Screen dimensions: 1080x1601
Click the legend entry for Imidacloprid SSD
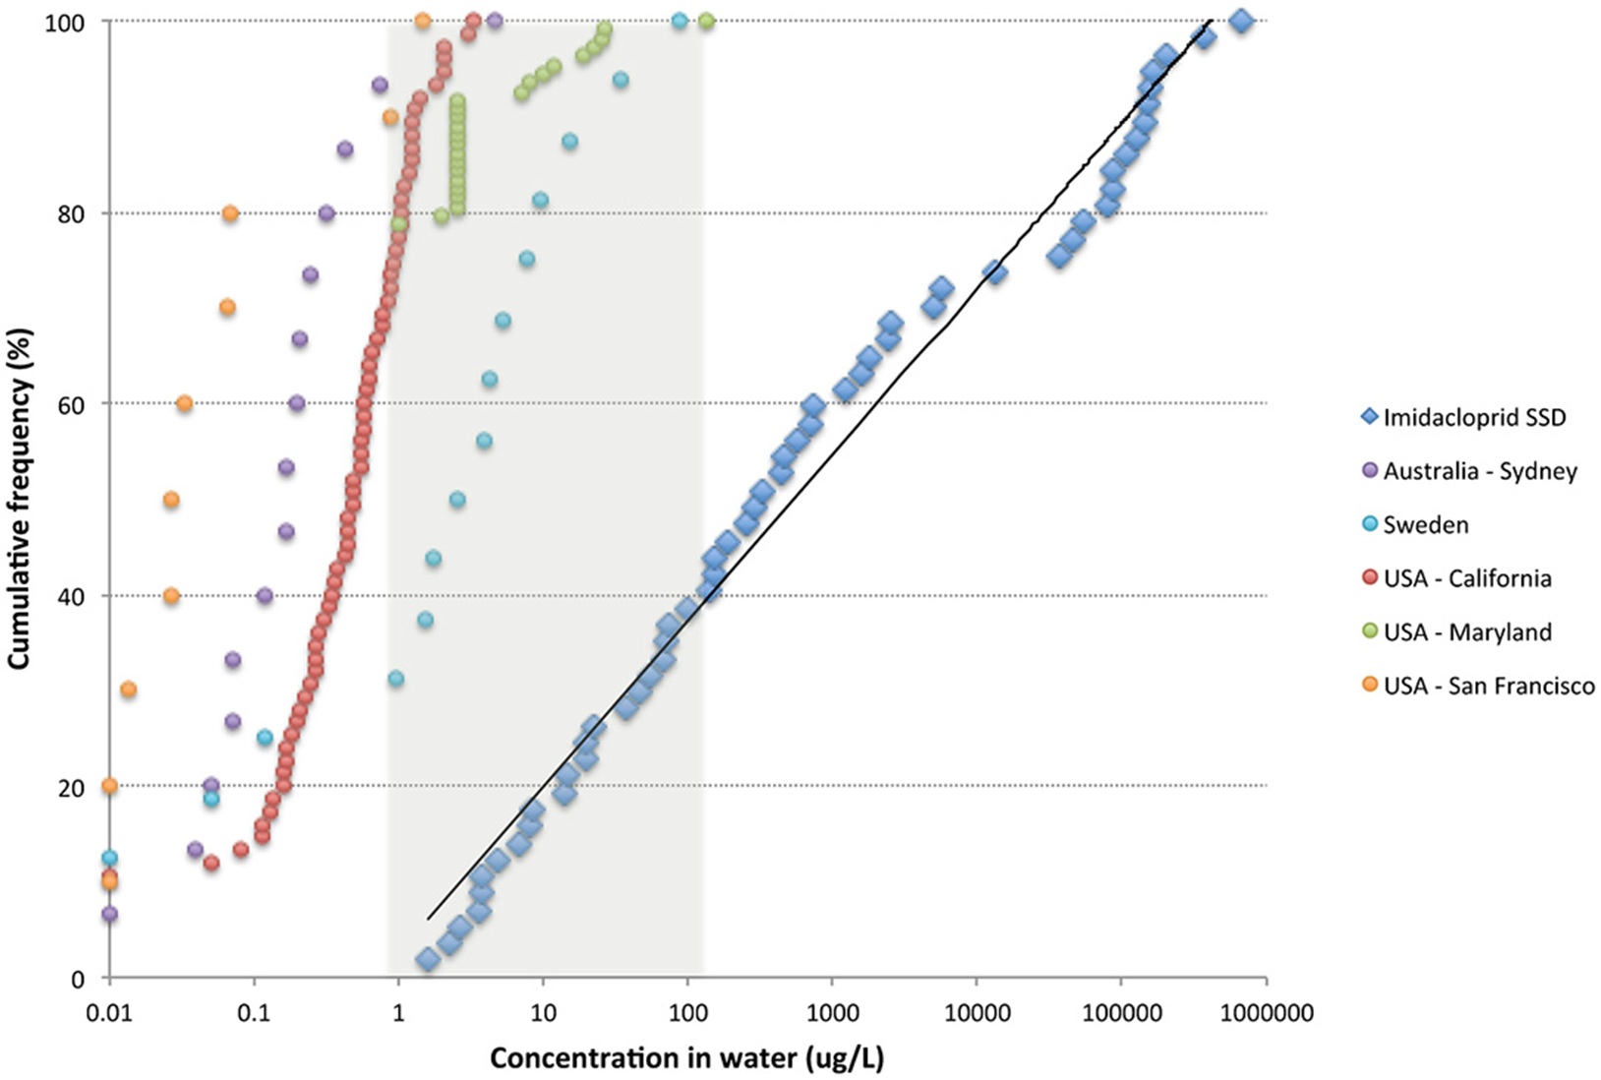point(1473,417)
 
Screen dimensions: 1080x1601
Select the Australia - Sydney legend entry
point(1479,471)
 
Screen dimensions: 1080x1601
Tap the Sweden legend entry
point(1425,524)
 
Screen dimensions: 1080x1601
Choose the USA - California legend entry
point(1466,578)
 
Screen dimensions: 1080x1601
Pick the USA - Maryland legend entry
point(1466,631)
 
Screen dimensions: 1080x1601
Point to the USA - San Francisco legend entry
point(1488,686)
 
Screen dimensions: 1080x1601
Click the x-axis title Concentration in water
point(686,1058)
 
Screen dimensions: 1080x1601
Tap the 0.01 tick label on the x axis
point(109,1012)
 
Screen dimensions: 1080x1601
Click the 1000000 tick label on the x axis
point(1266,1012)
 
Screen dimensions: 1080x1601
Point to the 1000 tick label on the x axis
point(832,1012)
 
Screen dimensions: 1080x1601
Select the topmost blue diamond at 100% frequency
point(1241,21)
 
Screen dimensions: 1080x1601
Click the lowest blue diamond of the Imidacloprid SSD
point(427,960)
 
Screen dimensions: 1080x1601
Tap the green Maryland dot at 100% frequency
point(706,21)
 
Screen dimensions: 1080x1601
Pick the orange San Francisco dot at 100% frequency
point(423,21)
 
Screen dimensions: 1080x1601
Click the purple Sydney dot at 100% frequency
point(495,21)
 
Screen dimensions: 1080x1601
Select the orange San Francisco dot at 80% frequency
point(230,213)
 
